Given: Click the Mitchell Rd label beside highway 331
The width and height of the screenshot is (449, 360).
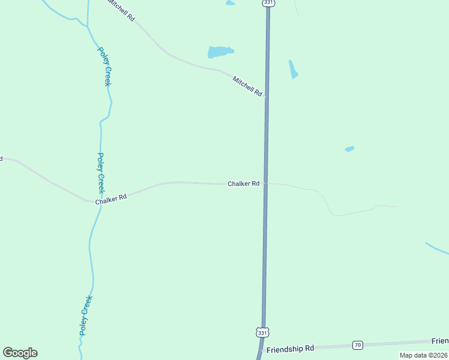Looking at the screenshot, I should (248, 86).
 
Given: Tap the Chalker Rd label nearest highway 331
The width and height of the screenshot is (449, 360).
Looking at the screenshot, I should (243, 184).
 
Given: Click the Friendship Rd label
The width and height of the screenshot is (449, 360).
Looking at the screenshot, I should (290, 349).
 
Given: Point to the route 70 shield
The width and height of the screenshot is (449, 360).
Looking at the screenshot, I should (358, 344).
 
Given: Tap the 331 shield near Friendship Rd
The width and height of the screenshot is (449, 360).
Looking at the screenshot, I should (262, 332).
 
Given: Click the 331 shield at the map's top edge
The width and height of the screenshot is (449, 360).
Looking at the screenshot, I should (268, 3).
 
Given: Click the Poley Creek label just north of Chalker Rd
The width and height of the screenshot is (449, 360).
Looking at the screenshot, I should (101, 171).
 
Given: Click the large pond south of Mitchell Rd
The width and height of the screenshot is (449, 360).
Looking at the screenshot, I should (220, 52).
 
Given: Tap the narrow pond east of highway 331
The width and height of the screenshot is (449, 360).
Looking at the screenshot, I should (293, 69).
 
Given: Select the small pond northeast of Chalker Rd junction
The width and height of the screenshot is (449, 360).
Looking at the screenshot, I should (349, 149).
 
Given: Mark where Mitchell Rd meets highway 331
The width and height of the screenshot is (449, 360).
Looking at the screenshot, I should (266, 95).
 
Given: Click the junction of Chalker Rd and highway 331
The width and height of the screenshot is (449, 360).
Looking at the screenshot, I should (265, 184).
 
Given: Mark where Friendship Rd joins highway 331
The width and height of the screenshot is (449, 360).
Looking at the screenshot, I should (262, 349).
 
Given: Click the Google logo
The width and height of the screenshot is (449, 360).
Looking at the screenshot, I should (20, 353).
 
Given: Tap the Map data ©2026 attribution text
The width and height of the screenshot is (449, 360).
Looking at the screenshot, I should (423, 355).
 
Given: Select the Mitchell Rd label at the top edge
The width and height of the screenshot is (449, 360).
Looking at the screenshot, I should (121, 10).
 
